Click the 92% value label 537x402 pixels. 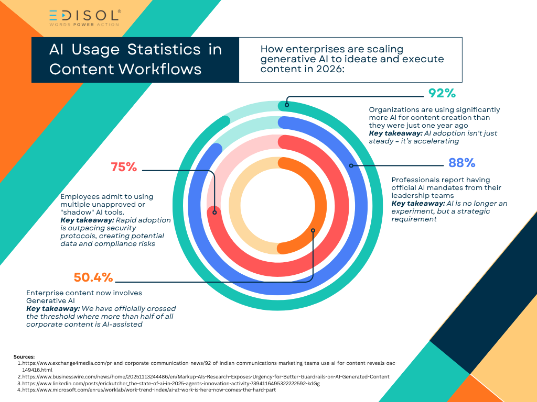coord(442,94)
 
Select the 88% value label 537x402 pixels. coord(461,163)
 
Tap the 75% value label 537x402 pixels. coord(124,167)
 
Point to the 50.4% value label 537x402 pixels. coord(93,277)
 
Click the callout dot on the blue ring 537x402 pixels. coord(352,166)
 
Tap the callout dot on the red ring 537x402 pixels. coord(214,212)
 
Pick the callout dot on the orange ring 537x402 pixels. coord(313,230)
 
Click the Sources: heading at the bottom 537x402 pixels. coord(25,356)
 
